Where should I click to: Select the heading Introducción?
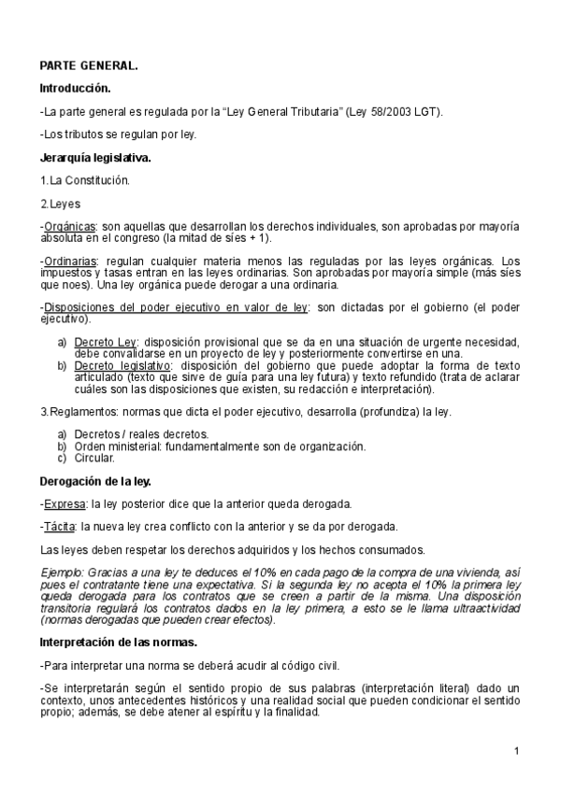75,89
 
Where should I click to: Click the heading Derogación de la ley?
94,481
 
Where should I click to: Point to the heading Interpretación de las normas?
124,643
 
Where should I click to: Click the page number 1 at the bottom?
515,751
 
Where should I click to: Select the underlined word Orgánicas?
69,227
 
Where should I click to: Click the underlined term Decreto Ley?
105,343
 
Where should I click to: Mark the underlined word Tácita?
59,526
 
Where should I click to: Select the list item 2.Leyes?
60,204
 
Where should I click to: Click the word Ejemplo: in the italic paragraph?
63,572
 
